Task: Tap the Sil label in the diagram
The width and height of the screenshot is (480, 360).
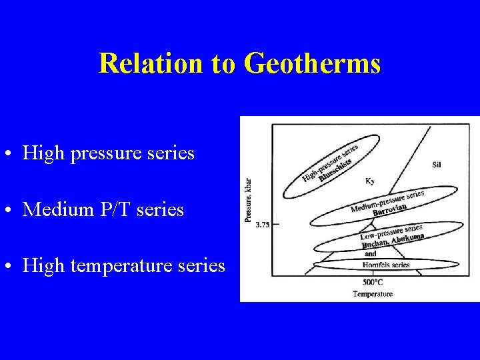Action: (436, 164)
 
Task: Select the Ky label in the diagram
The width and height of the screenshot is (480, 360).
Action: (369, 181)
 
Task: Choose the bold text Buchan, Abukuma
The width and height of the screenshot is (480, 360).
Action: (393, 241)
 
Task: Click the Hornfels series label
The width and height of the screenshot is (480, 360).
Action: (387, 265)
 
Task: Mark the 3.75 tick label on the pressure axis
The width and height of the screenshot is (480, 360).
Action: (262, 225)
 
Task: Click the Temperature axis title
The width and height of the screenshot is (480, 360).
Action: (373, 293)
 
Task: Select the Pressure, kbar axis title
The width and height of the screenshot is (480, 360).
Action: (248, 200)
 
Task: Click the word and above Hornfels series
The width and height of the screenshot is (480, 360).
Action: (370, 254)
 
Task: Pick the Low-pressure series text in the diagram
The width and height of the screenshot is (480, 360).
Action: (391, 232)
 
